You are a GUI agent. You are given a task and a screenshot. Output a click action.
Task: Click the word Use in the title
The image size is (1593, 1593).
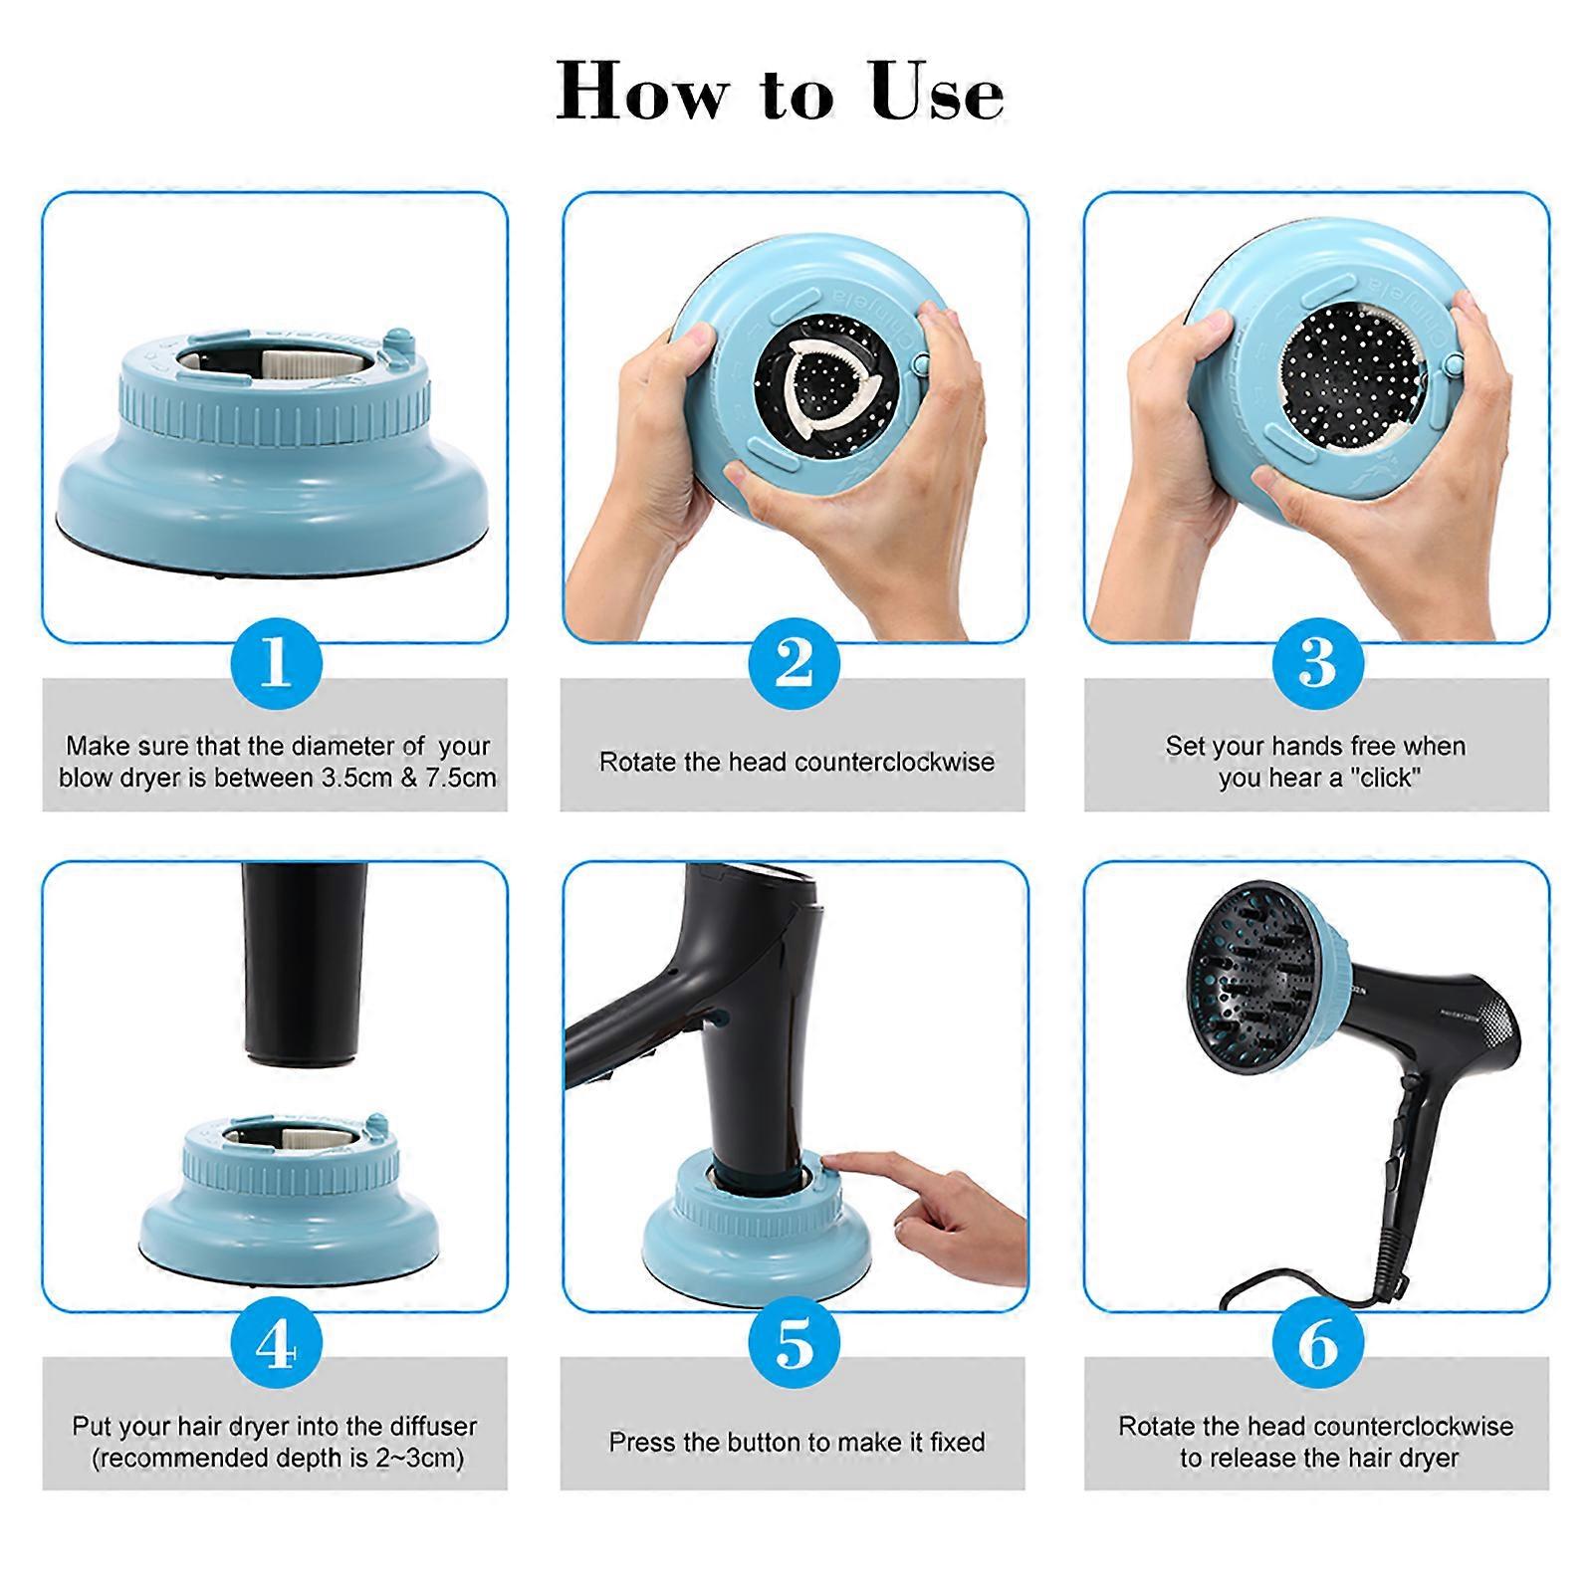tap(936, 92)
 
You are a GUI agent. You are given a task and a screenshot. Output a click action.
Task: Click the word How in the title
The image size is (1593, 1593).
tap(641, 92)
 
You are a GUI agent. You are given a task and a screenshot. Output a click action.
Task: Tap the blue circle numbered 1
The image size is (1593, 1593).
tap(276, 662)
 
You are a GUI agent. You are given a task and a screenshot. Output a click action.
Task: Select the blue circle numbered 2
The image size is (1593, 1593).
tap(794, 662)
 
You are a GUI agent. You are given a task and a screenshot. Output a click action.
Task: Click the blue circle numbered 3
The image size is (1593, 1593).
tap(1317, 662)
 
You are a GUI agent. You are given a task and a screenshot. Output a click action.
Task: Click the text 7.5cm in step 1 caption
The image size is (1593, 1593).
tap(460, 778)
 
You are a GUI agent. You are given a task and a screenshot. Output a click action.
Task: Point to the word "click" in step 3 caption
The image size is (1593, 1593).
tap(1387, 778)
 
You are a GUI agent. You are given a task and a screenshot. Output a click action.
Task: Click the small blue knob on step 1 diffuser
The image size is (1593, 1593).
tap(397, 342)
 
